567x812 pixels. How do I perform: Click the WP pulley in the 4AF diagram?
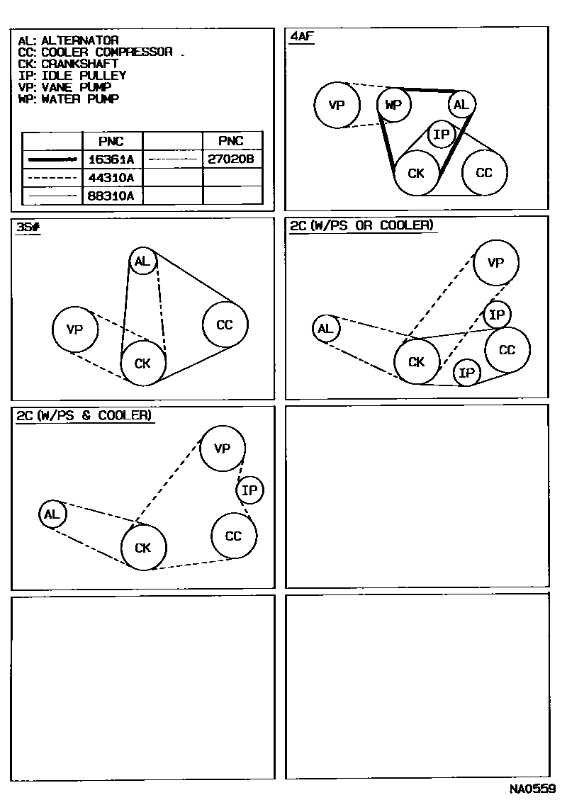pos(394,106)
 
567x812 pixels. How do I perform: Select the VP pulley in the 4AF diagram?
pos(337,106)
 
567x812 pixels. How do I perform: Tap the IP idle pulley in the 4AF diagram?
pos(441,134)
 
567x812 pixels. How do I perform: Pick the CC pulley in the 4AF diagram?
pos(484,172)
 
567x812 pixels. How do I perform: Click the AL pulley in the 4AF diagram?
pos(461,106)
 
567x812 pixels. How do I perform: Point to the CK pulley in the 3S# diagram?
pos(142,363)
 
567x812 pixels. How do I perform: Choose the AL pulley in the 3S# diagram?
pos(142,261)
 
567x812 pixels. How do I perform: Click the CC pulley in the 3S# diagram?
pos(225,325)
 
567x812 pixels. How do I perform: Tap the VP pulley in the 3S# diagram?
pos(75,329)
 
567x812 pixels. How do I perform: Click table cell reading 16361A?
pos(112,159)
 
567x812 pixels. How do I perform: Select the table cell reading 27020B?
pos(231,159)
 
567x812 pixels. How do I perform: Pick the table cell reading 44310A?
pos(112,177)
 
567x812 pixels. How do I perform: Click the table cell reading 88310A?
pos(112,196)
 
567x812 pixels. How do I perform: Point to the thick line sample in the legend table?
pos(52,160)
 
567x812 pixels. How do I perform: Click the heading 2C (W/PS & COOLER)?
pos(84,415)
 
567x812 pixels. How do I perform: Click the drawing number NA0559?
pos(532,789)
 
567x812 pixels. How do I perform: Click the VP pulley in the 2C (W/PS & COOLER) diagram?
pos(223,449)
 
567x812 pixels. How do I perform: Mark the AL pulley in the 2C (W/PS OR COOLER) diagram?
pos(325,329)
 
